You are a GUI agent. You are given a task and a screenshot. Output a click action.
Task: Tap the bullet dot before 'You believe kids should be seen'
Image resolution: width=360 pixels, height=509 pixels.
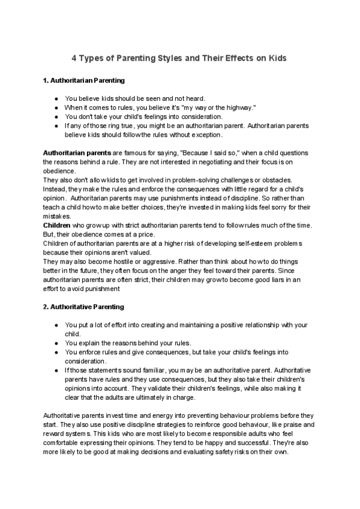click(x=56, y=98)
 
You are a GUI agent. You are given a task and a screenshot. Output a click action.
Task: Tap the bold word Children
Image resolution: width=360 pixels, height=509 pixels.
click(x=59, y=225)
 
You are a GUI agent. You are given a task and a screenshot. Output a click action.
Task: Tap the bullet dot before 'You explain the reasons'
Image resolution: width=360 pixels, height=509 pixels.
click(x=56, y=343)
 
